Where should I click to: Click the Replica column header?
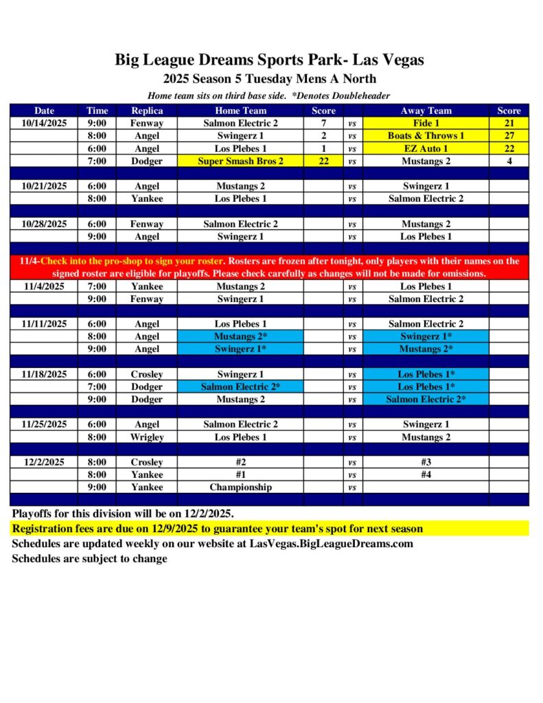147,111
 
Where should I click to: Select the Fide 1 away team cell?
426,123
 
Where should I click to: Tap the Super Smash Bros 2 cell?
240,161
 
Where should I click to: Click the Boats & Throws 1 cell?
426,135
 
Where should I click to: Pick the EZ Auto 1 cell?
426,148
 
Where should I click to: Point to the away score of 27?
509,135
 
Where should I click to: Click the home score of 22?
323,161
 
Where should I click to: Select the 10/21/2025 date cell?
44,186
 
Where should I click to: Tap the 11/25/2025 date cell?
44,424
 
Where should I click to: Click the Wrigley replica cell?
147,437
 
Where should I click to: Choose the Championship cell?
240,487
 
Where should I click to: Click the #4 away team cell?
426,474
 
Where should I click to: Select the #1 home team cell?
240,474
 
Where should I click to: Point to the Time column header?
97,111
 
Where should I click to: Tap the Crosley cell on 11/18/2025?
147,374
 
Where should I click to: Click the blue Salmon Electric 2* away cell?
426,400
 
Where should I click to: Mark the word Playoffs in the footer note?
32,514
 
